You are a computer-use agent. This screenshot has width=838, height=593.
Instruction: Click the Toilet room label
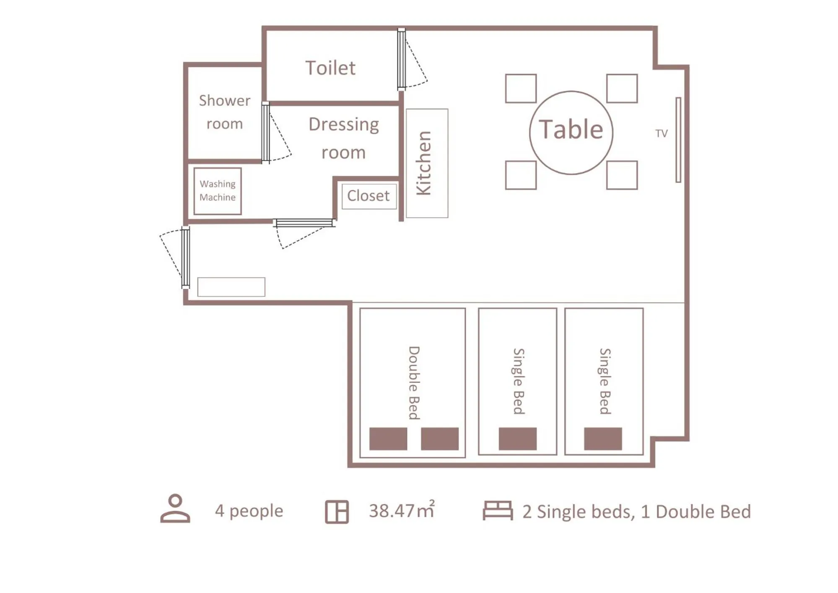[x=330, y=68]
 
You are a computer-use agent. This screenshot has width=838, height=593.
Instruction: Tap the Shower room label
[x=224, y=112]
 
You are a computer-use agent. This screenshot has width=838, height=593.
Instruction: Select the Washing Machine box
[x=218, y=191]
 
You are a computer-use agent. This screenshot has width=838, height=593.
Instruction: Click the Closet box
[x=368, y=196]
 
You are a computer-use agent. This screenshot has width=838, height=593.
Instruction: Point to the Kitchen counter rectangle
[x=427, y=163]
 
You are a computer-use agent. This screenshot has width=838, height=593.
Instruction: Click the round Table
[x=571, y=132]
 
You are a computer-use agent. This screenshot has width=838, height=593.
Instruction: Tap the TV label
[x=661, y=133]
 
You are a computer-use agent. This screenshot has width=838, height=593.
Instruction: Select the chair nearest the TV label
[x=622, y=88]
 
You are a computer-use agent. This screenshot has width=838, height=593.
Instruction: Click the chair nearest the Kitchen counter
[x=520, y=175]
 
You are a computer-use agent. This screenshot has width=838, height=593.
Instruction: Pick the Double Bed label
[x=414, y=382]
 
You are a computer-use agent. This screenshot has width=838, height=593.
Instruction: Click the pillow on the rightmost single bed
[x=602, y=439]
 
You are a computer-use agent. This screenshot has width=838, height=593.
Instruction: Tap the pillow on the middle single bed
[x=517, y=439]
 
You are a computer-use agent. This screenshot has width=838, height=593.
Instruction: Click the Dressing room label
[x=343, y=138]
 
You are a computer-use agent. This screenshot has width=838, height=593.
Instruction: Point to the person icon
[x=175, y=508]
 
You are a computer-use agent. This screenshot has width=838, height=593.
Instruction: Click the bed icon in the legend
[x=497, y=510]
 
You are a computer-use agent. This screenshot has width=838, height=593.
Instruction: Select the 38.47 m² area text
[x=401, y=510]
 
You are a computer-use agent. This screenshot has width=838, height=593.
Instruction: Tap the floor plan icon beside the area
[x=337, y=512]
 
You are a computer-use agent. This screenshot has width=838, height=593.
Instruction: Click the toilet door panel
[x=401, y=59]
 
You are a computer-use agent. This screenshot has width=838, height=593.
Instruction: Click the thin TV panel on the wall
[x=678, y=140]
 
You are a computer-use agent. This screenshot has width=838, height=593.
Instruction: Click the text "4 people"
[x=249, y=511]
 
